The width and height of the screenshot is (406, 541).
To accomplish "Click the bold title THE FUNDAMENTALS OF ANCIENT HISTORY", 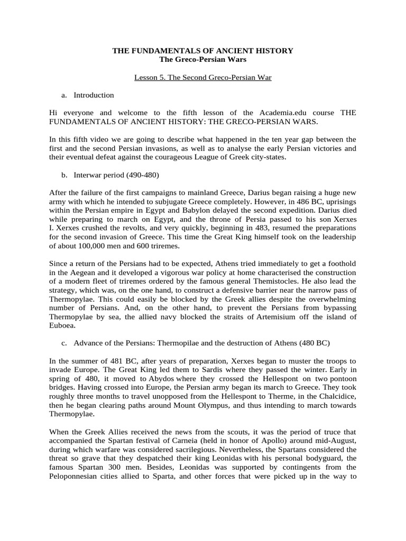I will point(203,51).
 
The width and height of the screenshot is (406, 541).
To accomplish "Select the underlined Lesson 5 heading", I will point(203,78).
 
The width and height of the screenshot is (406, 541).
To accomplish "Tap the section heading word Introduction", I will point(94,95).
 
